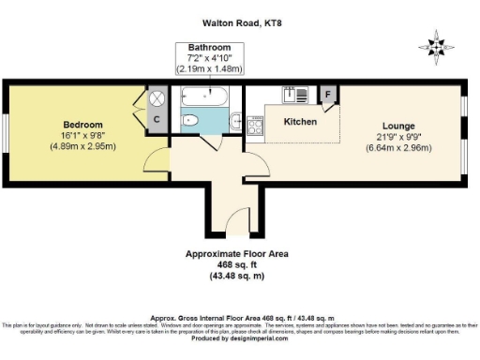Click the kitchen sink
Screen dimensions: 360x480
click(290, 95)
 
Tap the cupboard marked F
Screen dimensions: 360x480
click(328, 95)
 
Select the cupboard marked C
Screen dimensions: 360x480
click(157, 119)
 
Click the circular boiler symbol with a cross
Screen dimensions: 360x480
click(157, 97)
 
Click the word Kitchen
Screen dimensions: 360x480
click(300, 123)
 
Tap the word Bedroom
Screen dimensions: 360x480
click(82, 125)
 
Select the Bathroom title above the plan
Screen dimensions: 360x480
click(208, 47)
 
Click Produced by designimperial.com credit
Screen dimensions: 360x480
click(240, 338)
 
